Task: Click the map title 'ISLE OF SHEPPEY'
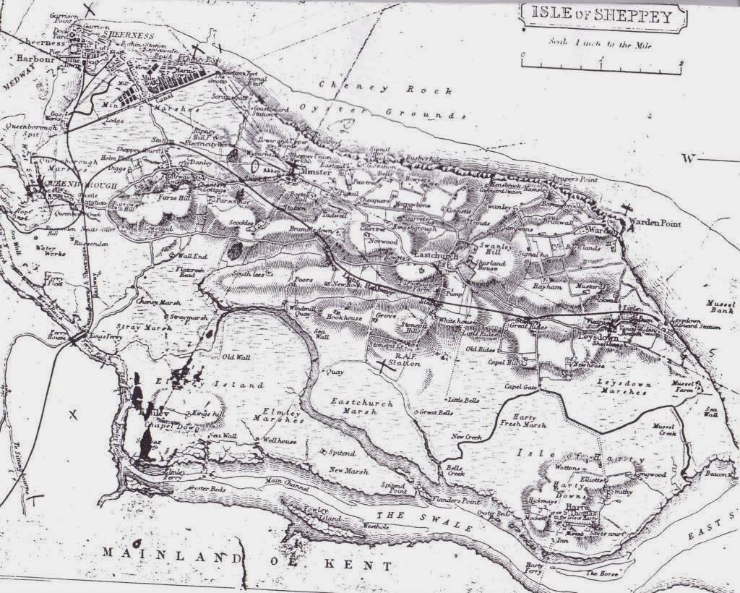pos(601,14)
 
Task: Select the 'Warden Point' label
pos(654,223)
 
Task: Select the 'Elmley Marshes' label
pos(272,415)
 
